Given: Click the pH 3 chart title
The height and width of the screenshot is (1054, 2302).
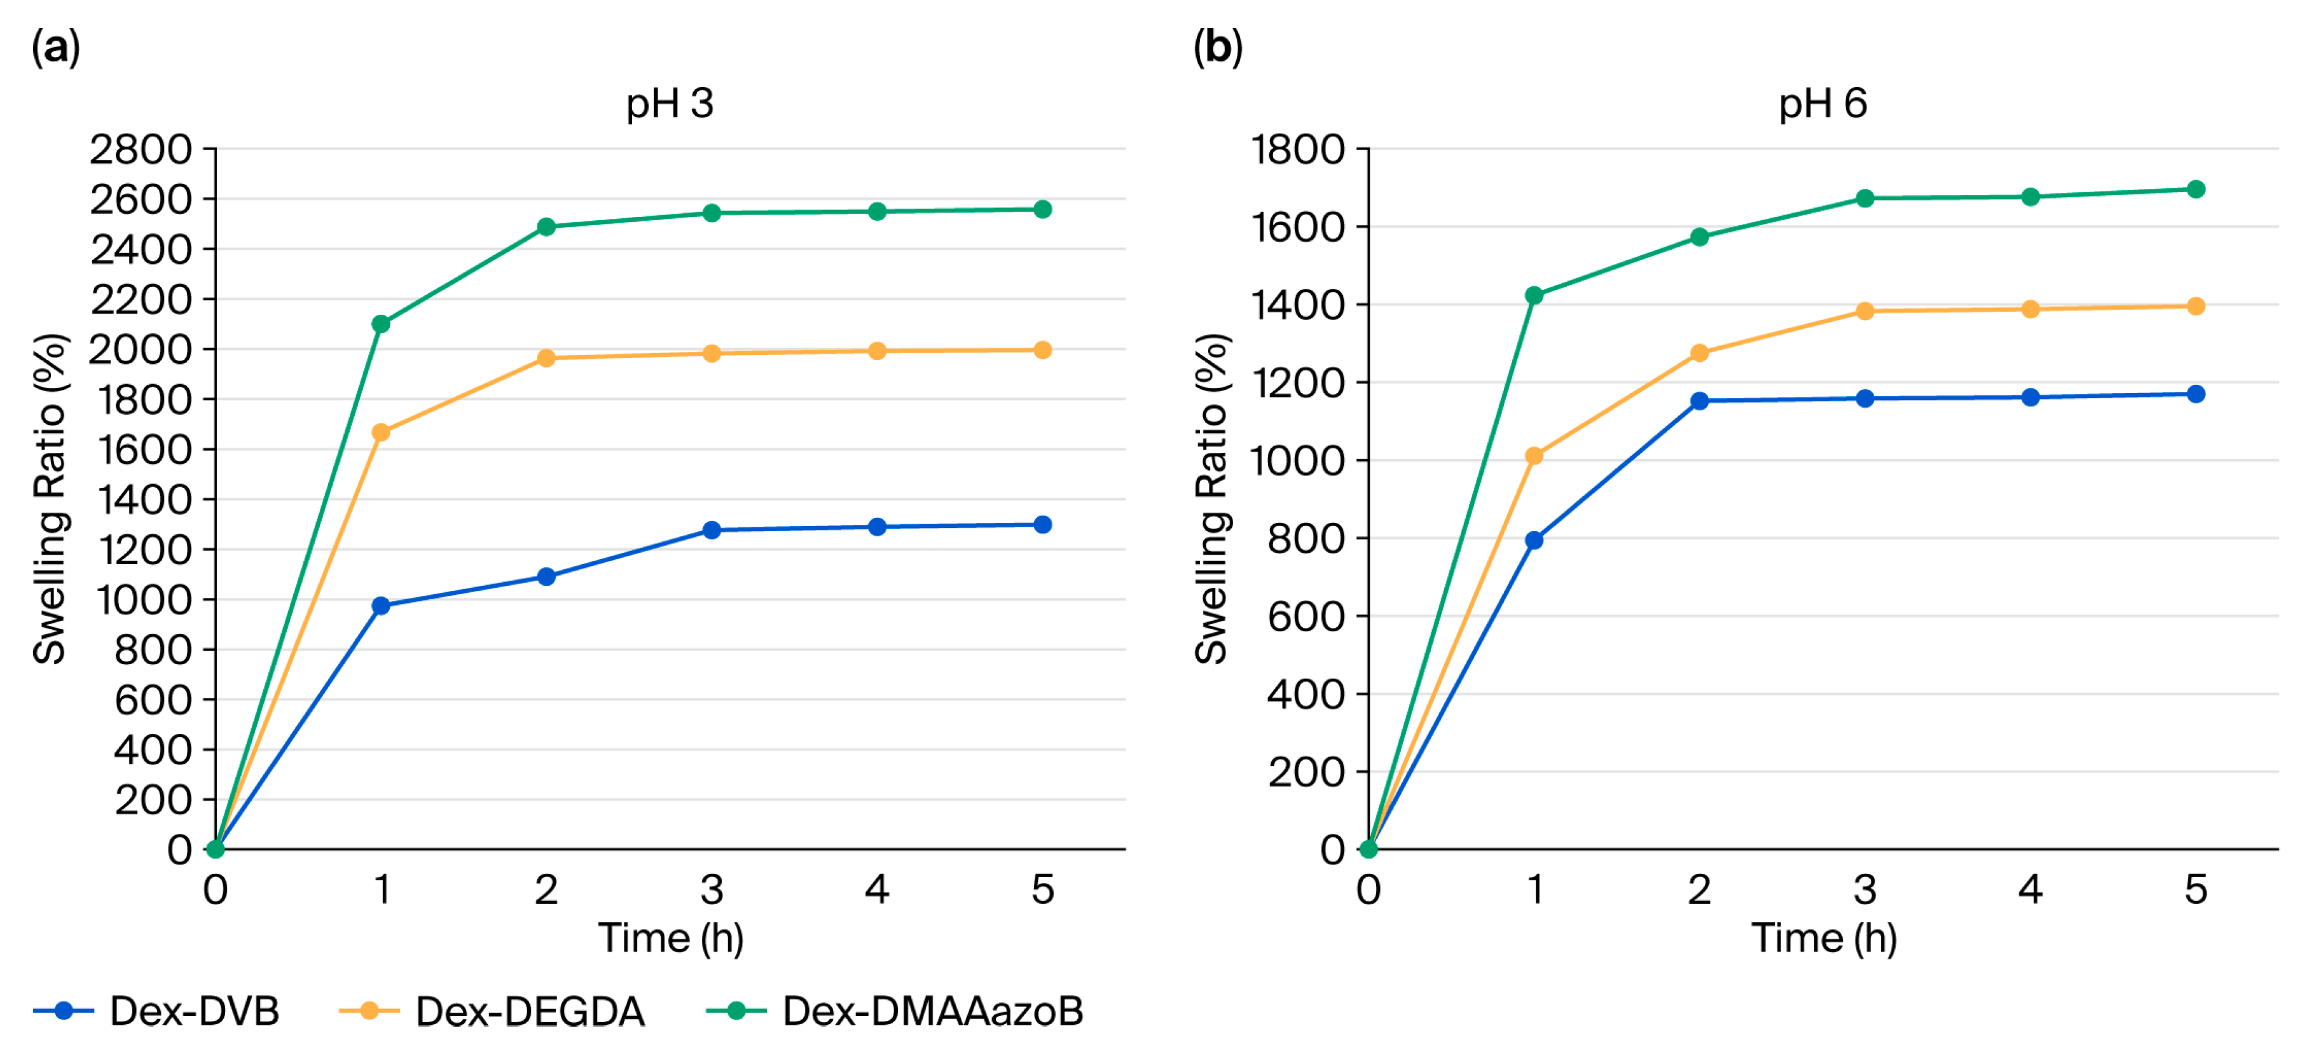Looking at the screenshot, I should (x=670, y=104).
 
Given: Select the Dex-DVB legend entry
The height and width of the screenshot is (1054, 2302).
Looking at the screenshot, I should (x=156, y=1011).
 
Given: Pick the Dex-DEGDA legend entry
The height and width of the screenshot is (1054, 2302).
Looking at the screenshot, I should (x=492, y=1011).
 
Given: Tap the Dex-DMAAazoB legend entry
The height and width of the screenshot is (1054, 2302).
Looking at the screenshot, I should (x=895, y=1011).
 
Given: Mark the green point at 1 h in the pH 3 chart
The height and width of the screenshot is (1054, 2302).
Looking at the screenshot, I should (x=381, y=324).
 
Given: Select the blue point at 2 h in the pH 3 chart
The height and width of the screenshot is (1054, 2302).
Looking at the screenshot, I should (x=546, y=577).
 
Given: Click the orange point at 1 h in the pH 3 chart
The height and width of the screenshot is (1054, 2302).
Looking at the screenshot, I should (x=381, y=433).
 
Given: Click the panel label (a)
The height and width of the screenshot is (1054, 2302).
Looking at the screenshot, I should (x=55, y=46).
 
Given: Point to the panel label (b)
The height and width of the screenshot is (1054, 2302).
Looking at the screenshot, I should (x=1217, y=46).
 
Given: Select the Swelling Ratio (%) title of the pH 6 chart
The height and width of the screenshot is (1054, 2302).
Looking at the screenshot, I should (x=1212, y=499).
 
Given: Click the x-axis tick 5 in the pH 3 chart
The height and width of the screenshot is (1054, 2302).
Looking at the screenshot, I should (x=1043, y=889).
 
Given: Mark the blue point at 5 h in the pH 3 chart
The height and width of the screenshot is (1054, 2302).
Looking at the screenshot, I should (x=1043, y=525).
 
